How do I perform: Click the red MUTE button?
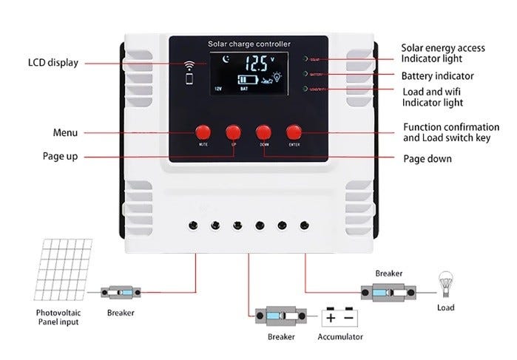203,132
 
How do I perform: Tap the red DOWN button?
264,132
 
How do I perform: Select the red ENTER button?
294,132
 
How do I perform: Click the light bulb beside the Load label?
445,282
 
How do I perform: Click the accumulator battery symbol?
340,317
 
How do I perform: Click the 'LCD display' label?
53,63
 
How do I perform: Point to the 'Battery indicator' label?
437,76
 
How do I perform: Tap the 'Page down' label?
427,158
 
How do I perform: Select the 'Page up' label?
60,157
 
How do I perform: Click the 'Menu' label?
65,133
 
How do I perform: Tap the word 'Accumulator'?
340,337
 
